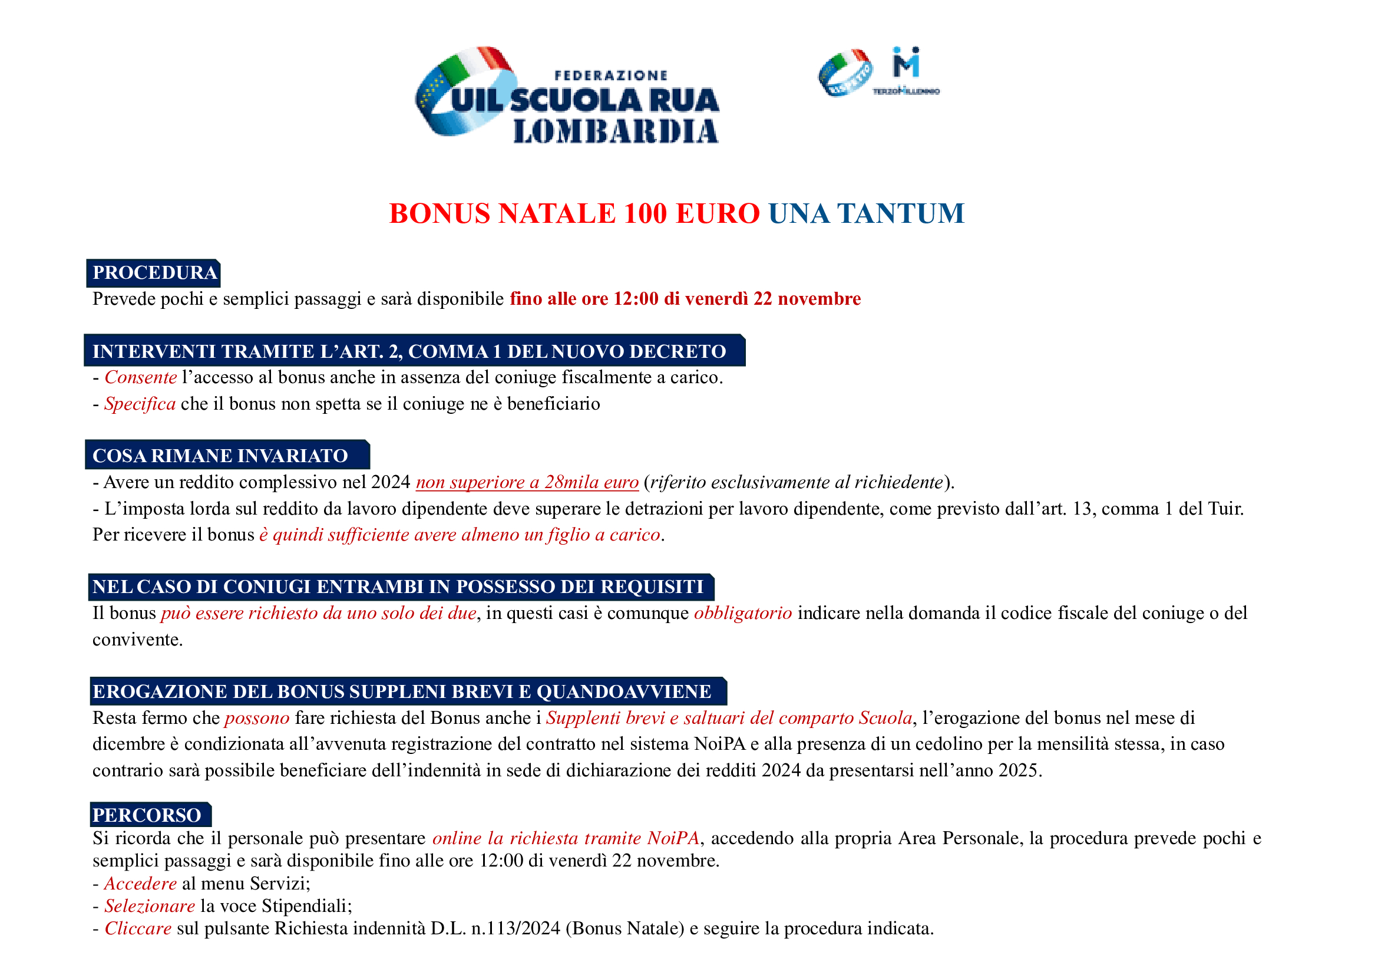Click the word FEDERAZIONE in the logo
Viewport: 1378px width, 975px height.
coord(610,75)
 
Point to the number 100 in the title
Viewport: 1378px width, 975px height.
coord(645,214)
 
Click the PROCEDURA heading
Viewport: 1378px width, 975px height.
coord(154,273)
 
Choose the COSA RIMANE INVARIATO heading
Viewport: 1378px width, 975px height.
coord(220,456)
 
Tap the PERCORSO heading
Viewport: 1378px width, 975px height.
coord(147,815)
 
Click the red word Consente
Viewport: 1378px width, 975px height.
coord(140,378)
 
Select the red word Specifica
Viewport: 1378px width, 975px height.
coord(140,404)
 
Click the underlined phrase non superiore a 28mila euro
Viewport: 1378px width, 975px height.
coord(527,483)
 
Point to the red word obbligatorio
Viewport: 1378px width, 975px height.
coord(743,614)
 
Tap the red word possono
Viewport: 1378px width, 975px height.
coord(257,719)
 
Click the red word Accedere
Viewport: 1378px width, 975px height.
coord(140,884)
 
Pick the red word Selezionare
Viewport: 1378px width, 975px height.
coord(150,907)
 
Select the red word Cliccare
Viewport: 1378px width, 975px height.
coord(138,929)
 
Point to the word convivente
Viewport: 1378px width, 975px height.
coord(137,640)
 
